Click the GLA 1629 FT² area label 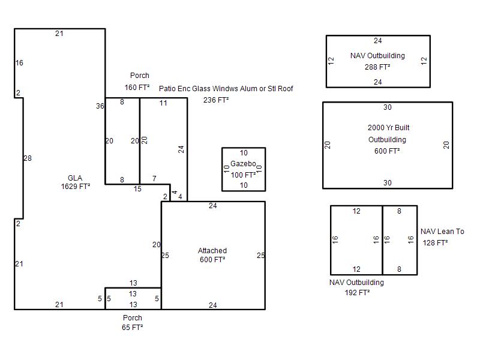click(76, 182)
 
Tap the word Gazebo click(243, 164)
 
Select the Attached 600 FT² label click(212, 255)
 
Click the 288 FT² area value click(377, 67)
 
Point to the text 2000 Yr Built click(388, 128)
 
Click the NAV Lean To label click(442, 232)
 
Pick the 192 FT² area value click(357, 293)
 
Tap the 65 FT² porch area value click(132, 328)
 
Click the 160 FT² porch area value click(137, 88)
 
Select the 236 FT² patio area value click(216, 100)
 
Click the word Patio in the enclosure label click(167, 89)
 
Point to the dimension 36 click(100, 106)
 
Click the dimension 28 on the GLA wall click(28, 158)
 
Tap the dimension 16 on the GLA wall click(19, 63)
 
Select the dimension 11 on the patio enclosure click(163, 103)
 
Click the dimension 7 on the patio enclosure click(154, 178)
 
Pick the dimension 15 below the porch click(137, 189)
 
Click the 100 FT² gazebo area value click(244, 175)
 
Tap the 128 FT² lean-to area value click(436, 243)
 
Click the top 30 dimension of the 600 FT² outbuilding click(388, 107)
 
